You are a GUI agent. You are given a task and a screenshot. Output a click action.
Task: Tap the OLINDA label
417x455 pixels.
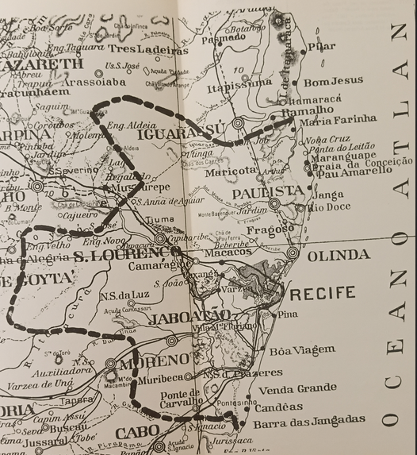pyautogui.click(x=338, y=255)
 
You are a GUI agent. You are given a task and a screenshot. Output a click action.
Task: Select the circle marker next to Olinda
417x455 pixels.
pyautogui.click(x=293, y=253)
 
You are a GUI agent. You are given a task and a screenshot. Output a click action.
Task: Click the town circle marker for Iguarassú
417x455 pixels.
pyautogui.click(x=238, y=123)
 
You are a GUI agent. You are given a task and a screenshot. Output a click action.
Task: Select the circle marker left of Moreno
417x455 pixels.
pyautogui.click(x=111, y=364)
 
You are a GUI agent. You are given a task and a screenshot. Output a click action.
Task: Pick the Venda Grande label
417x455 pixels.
pyautogui.click(x=297, y=388)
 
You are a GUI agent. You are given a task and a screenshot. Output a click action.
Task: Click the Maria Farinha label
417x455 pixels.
pyautogui.click(x=339, y=119)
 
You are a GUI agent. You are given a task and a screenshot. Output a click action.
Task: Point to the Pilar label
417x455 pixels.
pyautogui.click(x=322, y=46)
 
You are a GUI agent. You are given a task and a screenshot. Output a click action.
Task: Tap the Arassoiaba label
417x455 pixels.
pyautogui.click(x=94, y=81)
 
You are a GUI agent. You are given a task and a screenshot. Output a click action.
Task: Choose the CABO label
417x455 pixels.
pyautogui.click(x=137, y=433)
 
